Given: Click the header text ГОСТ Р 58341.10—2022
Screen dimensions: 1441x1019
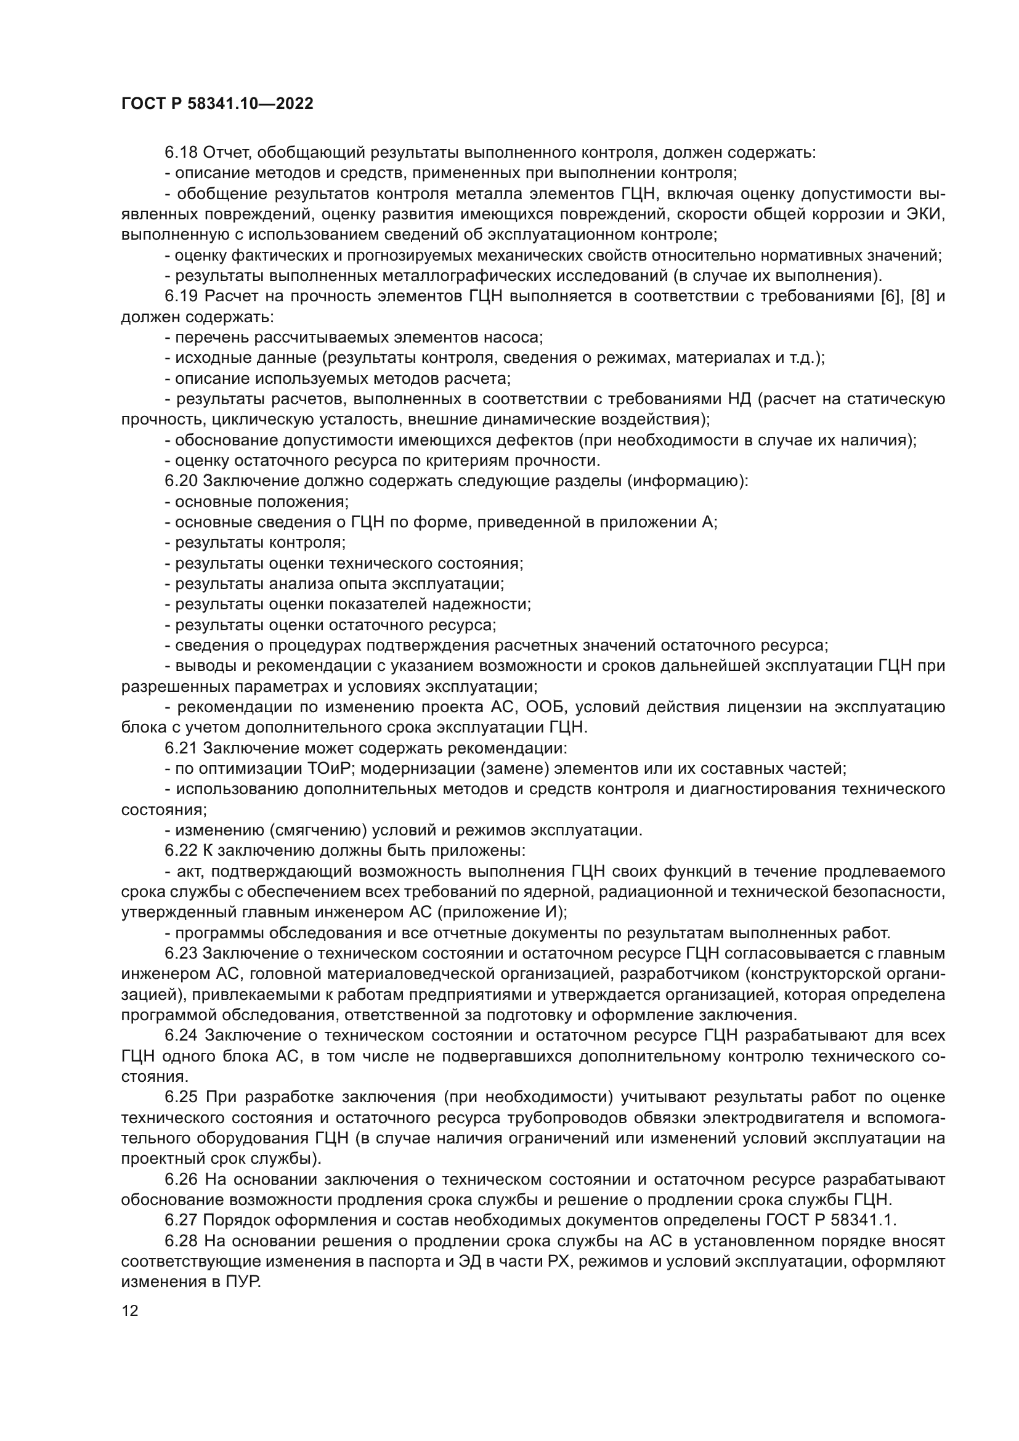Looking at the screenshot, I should click(x=217, y=104).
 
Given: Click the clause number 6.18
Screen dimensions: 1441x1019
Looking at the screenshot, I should click(x=181, y=153).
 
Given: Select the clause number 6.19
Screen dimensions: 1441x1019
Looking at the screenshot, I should click(x=182, y=296).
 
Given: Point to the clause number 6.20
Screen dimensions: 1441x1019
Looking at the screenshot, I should click(x=181, y=481).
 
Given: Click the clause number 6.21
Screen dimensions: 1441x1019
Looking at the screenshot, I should click(x=181, y=748).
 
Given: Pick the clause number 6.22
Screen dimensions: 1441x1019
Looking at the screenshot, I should click(x=181, y=851).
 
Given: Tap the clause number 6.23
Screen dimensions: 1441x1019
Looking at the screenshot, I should click(x=181, y=953).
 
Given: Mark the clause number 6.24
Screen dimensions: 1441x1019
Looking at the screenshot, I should click(x=182, y=1035).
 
